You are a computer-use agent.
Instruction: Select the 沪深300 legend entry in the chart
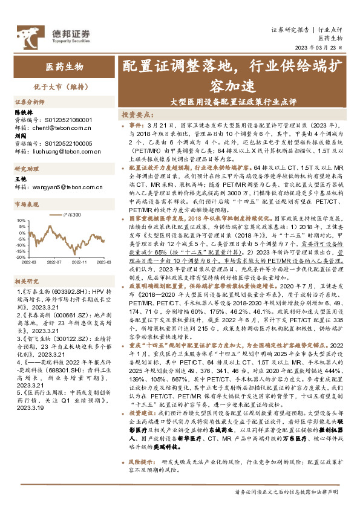coord(73,215)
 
